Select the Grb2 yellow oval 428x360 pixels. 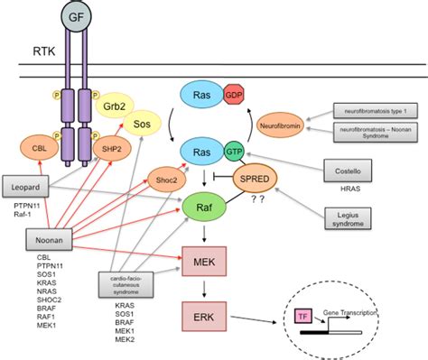114,105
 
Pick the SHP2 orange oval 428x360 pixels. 105,148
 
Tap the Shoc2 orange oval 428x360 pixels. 164,181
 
